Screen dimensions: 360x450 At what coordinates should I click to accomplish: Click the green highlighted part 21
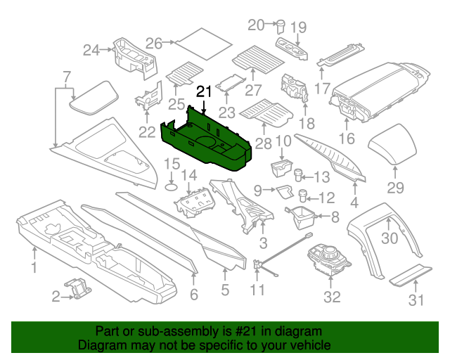tap(211, 141)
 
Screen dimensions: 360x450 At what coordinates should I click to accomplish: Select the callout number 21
tap(204, 91)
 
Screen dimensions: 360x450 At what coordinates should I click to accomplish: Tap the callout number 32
tap(331, 297)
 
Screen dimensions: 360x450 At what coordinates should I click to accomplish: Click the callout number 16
tap(347, 139)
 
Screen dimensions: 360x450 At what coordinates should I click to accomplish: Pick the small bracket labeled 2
tap(79, 288)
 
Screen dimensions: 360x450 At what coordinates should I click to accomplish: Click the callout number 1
tap(33, 266)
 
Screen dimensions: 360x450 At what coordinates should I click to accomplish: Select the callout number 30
tap(389, 238)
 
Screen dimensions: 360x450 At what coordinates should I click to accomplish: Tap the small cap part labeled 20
tap(280, 26)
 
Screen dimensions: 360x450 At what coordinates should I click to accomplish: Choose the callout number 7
tap(66, 77)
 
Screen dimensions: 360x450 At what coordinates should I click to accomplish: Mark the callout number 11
tap(258, 290)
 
